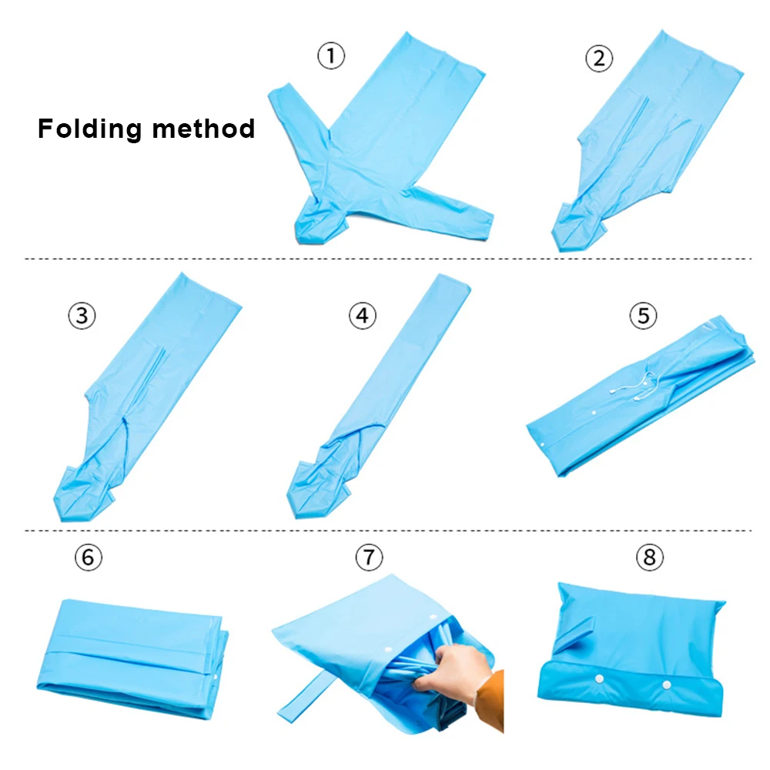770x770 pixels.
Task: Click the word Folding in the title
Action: [x=90, y=129]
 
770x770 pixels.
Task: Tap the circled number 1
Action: [x=331, y=56]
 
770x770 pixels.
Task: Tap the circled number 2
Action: [x=599, y=59]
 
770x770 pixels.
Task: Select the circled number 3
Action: [x=82, y=315]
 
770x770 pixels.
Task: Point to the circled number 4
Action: [x=363, y=316]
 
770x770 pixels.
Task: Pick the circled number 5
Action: [x=644, y=315]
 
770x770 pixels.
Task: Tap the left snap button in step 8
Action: [x=598, y=678]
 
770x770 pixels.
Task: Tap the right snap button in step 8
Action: [x=666, y=684]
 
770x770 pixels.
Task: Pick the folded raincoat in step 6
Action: [x=131, y=654]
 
